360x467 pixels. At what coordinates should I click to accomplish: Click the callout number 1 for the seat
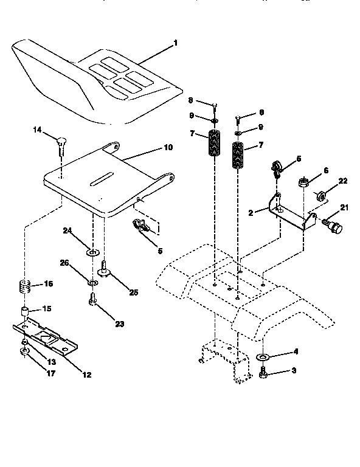pos(176,43)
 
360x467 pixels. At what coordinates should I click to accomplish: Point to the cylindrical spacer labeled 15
pos(25,312)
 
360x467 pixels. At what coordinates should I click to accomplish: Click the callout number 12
pos(86,375)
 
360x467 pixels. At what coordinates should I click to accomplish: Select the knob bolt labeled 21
pos(333,227)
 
